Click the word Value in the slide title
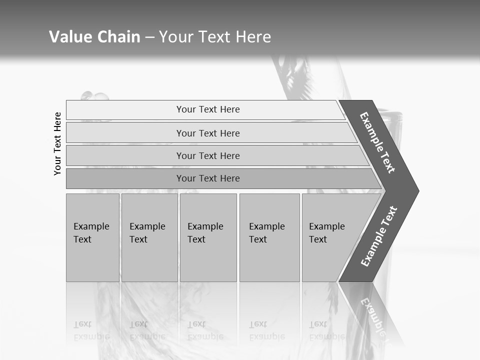[x=69, y=37]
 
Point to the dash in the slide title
[x=149, y=37]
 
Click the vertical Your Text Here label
[x=57, y=143]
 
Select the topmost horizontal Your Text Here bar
[x=207, y=109]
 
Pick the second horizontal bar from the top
[x=207, y=133]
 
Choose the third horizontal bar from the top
[x=207, y=155]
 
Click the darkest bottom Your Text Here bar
[x=207, y=178]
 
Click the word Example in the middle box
[x=205, y=226]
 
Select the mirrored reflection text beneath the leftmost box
[x=91, y=331]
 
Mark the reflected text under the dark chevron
[x=372, y=312]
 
